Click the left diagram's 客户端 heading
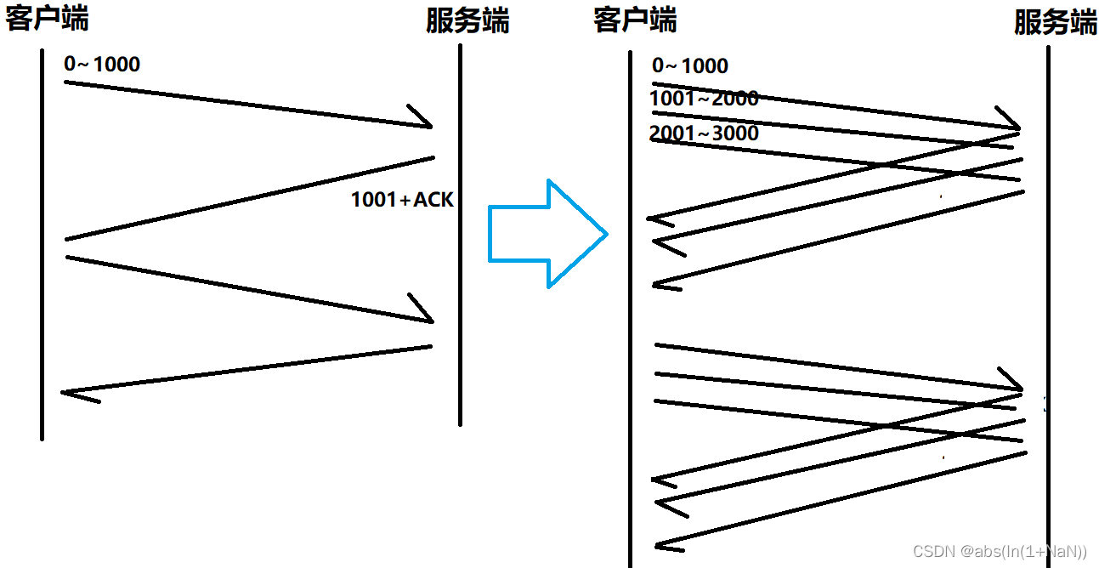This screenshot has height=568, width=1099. [47, 18]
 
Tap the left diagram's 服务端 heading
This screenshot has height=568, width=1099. [467, 20]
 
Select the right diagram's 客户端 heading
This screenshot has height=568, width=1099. [635, 20]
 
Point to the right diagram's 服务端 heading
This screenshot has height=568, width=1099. [1055, 22]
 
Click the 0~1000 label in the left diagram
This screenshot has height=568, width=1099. [102, 64]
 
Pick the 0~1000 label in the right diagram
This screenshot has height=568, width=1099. [690, 66]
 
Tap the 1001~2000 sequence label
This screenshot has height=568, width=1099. [704, 99]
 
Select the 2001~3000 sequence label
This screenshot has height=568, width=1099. [704, 133]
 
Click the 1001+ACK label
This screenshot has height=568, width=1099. [402, 200]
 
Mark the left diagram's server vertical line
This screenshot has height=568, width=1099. [460, 238]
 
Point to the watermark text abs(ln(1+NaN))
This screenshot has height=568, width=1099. [1025, 552]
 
